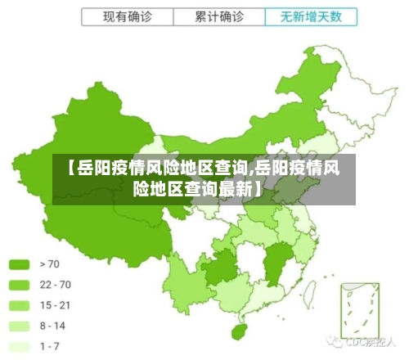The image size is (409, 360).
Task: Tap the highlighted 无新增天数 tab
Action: [310, 16]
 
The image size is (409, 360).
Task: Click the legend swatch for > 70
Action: [20, 263]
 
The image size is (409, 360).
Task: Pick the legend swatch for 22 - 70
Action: [20, 284]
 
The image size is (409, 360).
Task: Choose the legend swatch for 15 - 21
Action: [20, 304]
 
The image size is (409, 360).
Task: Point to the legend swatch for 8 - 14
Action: [20, 326]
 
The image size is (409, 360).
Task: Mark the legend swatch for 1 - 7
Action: [20, 346]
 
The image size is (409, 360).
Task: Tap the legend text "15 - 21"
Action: [56, 304]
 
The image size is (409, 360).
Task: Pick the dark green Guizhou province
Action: [218, 268]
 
